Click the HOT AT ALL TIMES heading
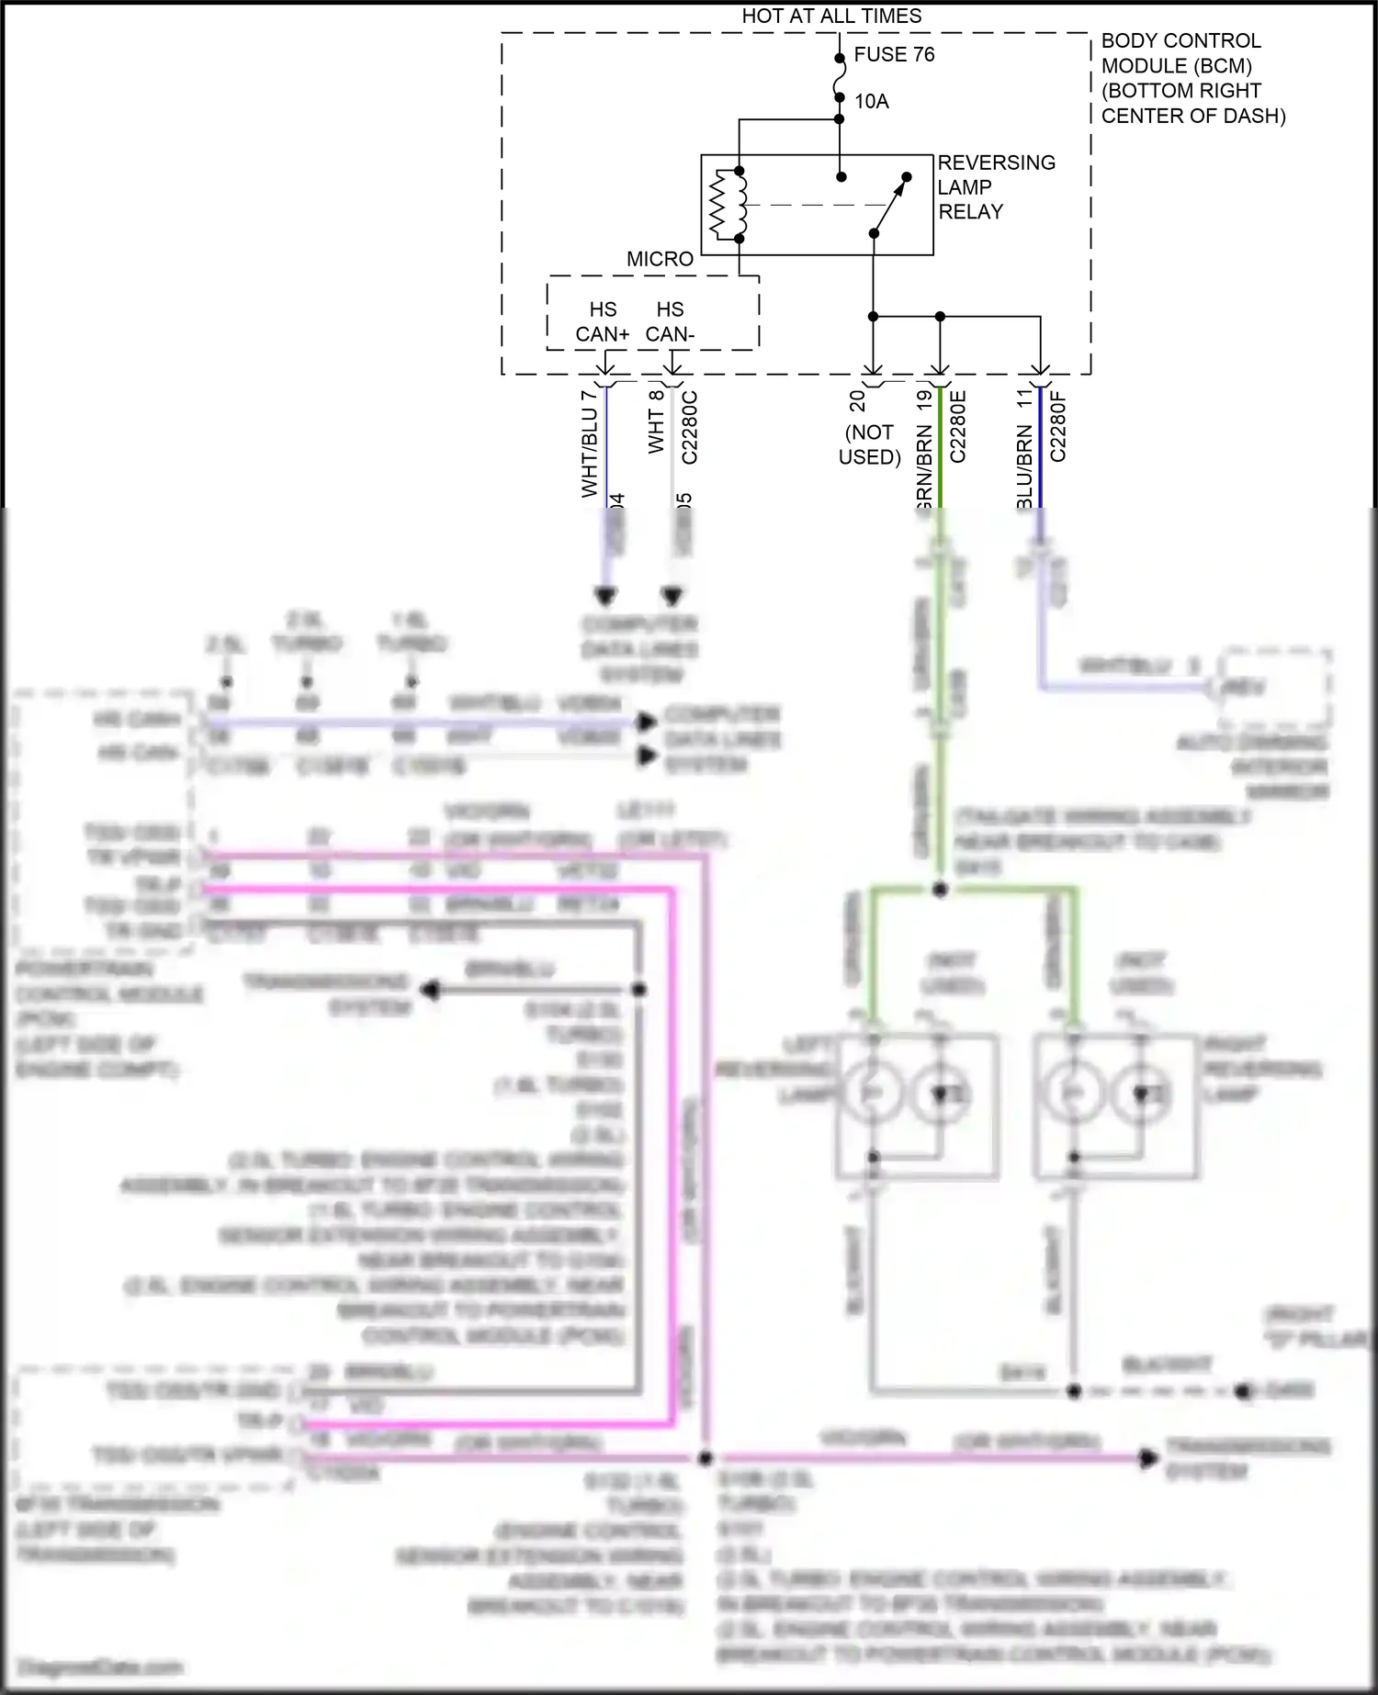[830, 16]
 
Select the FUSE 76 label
[893, 54]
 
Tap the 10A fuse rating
[871, 101]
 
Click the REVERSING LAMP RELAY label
[996, 186]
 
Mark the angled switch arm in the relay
[889, 204]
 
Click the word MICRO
[660, 259]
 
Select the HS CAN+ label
[603, 321]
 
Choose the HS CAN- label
[670, 321]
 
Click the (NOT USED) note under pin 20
[869, 444]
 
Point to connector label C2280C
[690, 427]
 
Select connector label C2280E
[957, 427]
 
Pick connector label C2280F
[1057, 427]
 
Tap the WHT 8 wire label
[656, 421]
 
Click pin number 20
[857, 400]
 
